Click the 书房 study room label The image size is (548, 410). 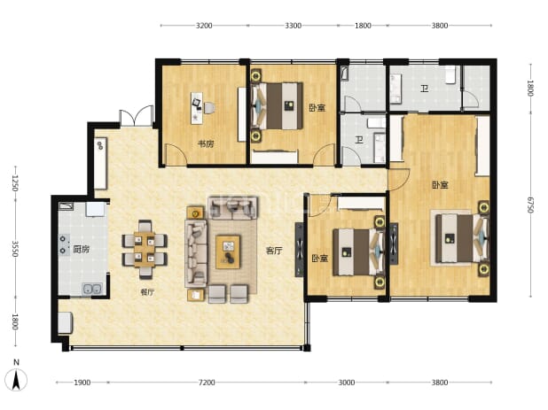pos(206,143)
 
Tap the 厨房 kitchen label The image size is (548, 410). pos(81,249)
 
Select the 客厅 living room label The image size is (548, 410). pos(274,251)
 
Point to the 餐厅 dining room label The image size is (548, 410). pos(147,292)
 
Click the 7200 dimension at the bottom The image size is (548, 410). pos(207,383)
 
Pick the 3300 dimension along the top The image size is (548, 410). pos(293,26)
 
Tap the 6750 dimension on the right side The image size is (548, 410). pos(530,205)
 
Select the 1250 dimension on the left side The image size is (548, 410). pos(14,182)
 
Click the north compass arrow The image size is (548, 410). pos(16,380)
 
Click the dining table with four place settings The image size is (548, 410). pos(145,250)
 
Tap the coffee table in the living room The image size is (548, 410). pos(228,251)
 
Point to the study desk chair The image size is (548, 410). pos(208,108)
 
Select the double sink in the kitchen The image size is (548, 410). pos(92,289)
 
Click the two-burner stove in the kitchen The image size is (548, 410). pos(64,245)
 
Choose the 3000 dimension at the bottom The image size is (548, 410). pos(347,383)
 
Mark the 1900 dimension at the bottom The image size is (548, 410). pos(82,383)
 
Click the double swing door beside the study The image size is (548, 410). pos(137,116)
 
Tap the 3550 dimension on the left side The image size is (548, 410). pos(14,249)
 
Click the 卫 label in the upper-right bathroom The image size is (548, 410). pos(424,89)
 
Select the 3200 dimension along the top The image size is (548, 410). pos(204,26)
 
